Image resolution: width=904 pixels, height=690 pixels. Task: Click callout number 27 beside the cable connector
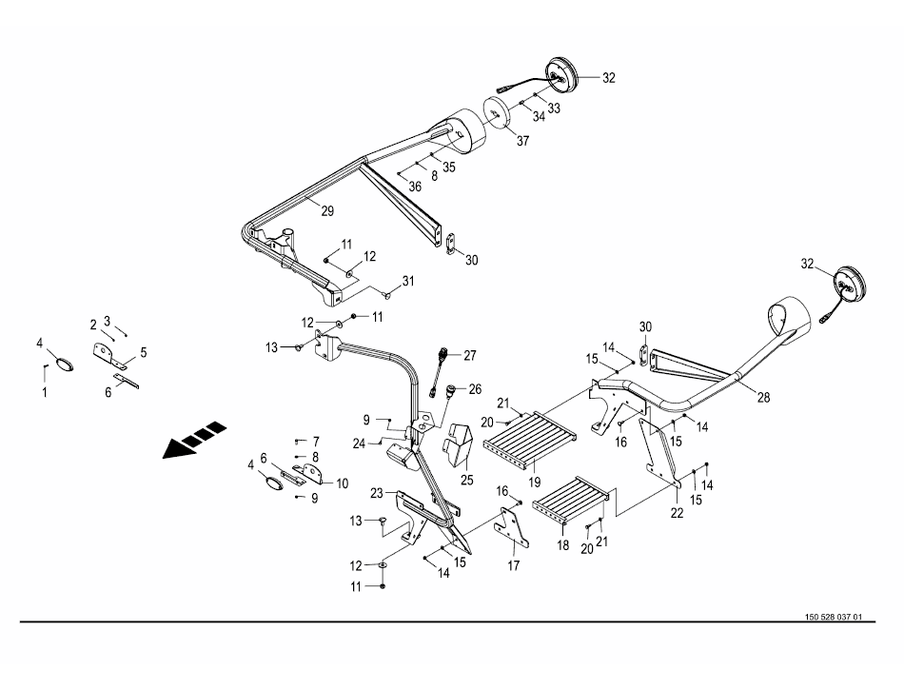click(x=469, y=355)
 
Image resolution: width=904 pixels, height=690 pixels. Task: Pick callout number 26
click(x=475, y=388)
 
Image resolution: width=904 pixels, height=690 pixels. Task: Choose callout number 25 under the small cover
click(x=467, y=479)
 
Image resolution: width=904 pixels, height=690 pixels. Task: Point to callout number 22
click(x=676, y=513)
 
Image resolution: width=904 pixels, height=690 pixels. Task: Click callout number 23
click(x=376, y=492)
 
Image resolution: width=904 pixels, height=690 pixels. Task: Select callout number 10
click(x=342, y=483)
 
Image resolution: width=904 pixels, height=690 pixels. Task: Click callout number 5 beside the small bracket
click(x=144, y=352)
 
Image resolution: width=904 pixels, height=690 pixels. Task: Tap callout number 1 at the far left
click(x=44, y=391)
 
